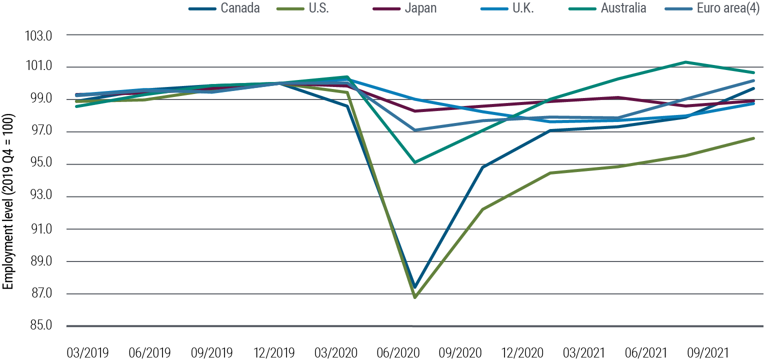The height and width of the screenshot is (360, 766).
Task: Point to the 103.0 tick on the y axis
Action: (44, 35)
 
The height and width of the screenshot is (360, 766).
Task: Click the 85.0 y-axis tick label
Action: (44, 326)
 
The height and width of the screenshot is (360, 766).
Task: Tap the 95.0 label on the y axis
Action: (44, 164)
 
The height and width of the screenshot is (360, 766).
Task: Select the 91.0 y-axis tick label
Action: (44, 229)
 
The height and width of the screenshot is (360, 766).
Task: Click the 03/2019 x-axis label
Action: (87, 352)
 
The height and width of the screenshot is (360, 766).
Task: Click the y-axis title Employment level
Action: (8, 202)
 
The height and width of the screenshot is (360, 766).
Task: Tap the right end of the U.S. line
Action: (753, 138)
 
